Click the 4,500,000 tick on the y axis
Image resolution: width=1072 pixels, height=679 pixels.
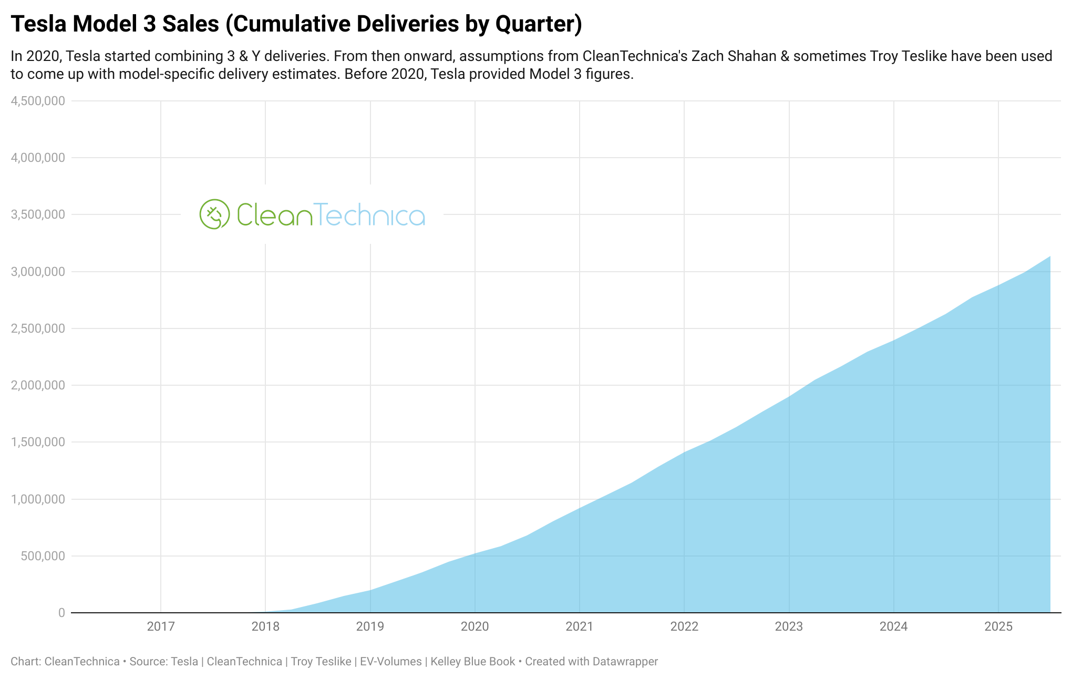click(38, 101)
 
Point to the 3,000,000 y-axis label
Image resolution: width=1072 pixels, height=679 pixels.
click(38, 272)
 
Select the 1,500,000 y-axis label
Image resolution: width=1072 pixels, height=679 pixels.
click(38, 442)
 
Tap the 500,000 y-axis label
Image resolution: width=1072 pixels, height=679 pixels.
click(43, 556)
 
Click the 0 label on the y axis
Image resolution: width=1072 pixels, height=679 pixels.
click(62, 613)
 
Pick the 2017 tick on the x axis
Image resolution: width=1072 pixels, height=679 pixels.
click(161, 626)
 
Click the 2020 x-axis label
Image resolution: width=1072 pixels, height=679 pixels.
click(475, 626)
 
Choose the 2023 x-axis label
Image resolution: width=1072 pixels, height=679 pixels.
click(789, 626)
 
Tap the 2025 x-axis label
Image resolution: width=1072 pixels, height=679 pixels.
click(998, 626)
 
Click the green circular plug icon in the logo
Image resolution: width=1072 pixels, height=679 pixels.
click(214, 214)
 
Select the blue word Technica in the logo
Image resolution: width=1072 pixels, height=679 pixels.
click(369, 215)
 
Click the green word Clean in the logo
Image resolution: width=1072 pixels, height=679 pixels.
click(274, 215)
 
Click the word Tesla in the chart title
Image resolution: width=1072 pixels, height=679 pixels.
click(38, 24)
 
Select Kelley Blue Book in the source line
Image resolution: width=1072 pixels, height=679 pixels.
click(472, 662)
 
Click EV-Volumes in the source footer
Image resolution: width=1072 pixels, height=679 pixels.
click(390, 662)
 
